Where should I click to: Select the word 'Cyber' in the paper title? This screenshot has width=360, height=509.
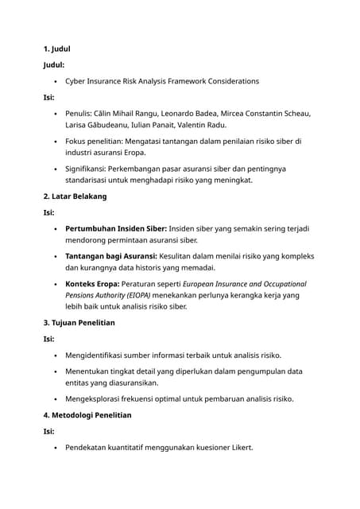click(x=76, y=81)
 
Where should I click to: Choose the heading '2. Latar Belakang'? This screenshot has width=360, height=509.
click(x=75, y=196)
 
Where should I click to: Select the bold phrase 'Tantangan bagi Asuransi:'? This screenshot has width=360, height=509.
click(x=110, y=256)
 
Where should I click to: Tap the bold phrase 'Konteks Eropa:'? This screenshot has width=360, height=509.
click(x=92, y=284)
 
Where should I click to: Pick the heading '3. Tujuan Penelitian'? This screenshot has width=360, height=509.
click(x=79, y=323)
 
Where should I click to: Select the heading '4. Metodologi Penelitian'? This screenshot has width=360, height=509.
click(x=87, y=414)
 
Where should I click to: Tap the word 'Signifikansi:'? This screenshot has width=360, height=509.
click(x=88, y=169)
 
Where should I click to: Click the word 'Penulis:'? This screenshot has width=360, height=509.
click(x=80, y=113)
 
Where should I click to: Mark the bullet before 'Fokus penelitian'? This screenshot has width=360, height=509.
click(x=54, y=142)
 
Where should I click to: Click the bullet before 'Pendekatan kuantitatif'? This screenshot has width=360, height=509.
click(x=54, y=447)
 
